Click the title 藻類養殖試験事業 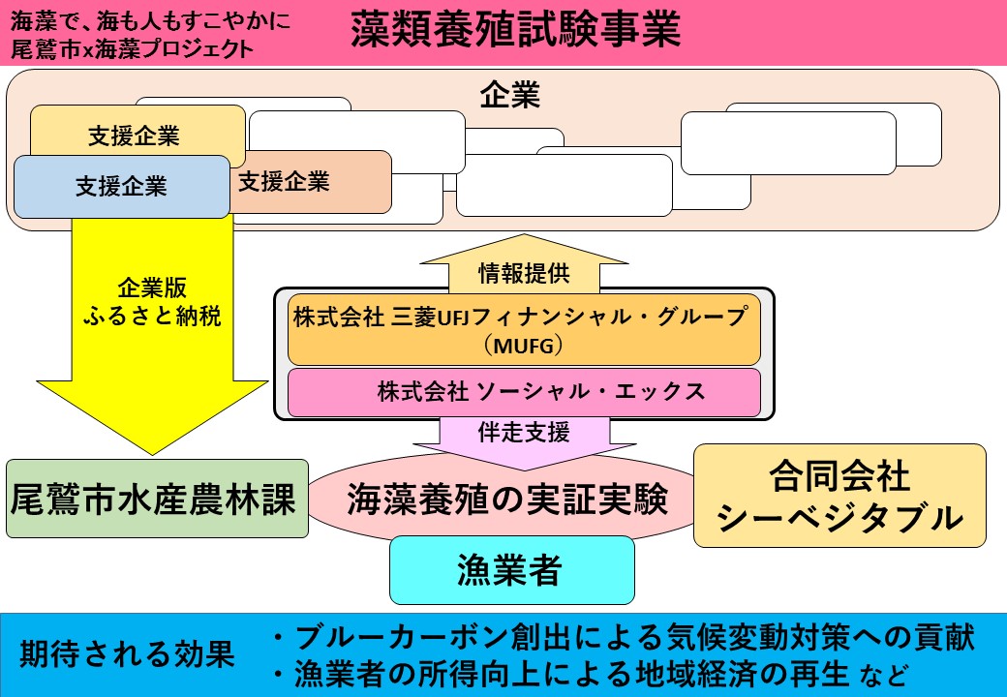click(516, 30)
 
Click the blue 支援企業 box click(121, 186)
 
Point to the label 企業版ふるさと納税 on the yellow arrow click(152, 302)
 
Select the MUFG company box click(524, 330)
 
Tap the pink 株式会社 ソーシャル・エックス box click(524, 393)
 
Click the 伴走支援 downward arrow click(524, 433)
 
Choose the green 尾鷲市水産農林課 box click(156, 499)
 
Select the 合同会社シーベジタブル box click(839, 496)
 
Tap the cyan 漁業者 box click(511, 571)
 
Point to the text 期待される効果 click(128, 653)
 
